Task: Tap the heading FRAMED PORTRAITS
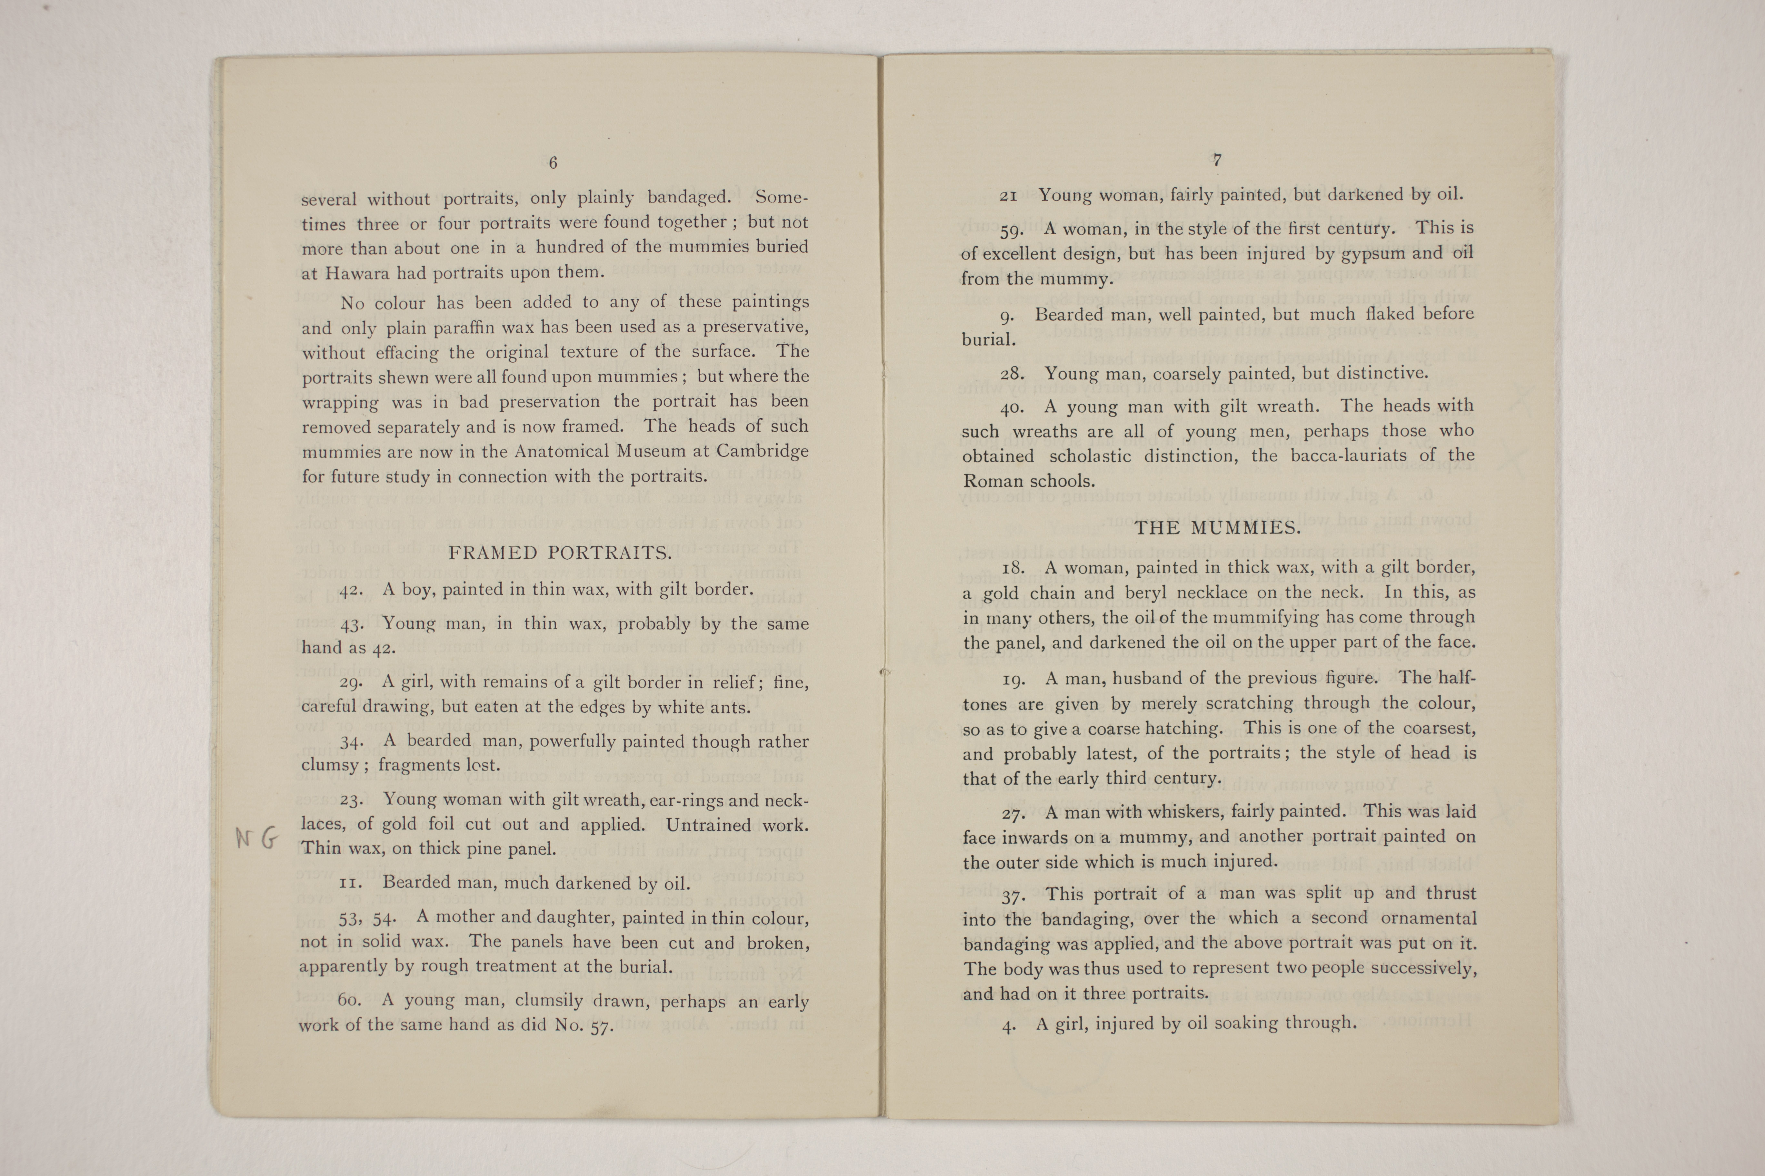[560, 554]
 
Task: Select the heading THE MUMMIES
[1217, 528]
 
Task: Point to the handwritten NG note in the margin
[257, 838]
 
